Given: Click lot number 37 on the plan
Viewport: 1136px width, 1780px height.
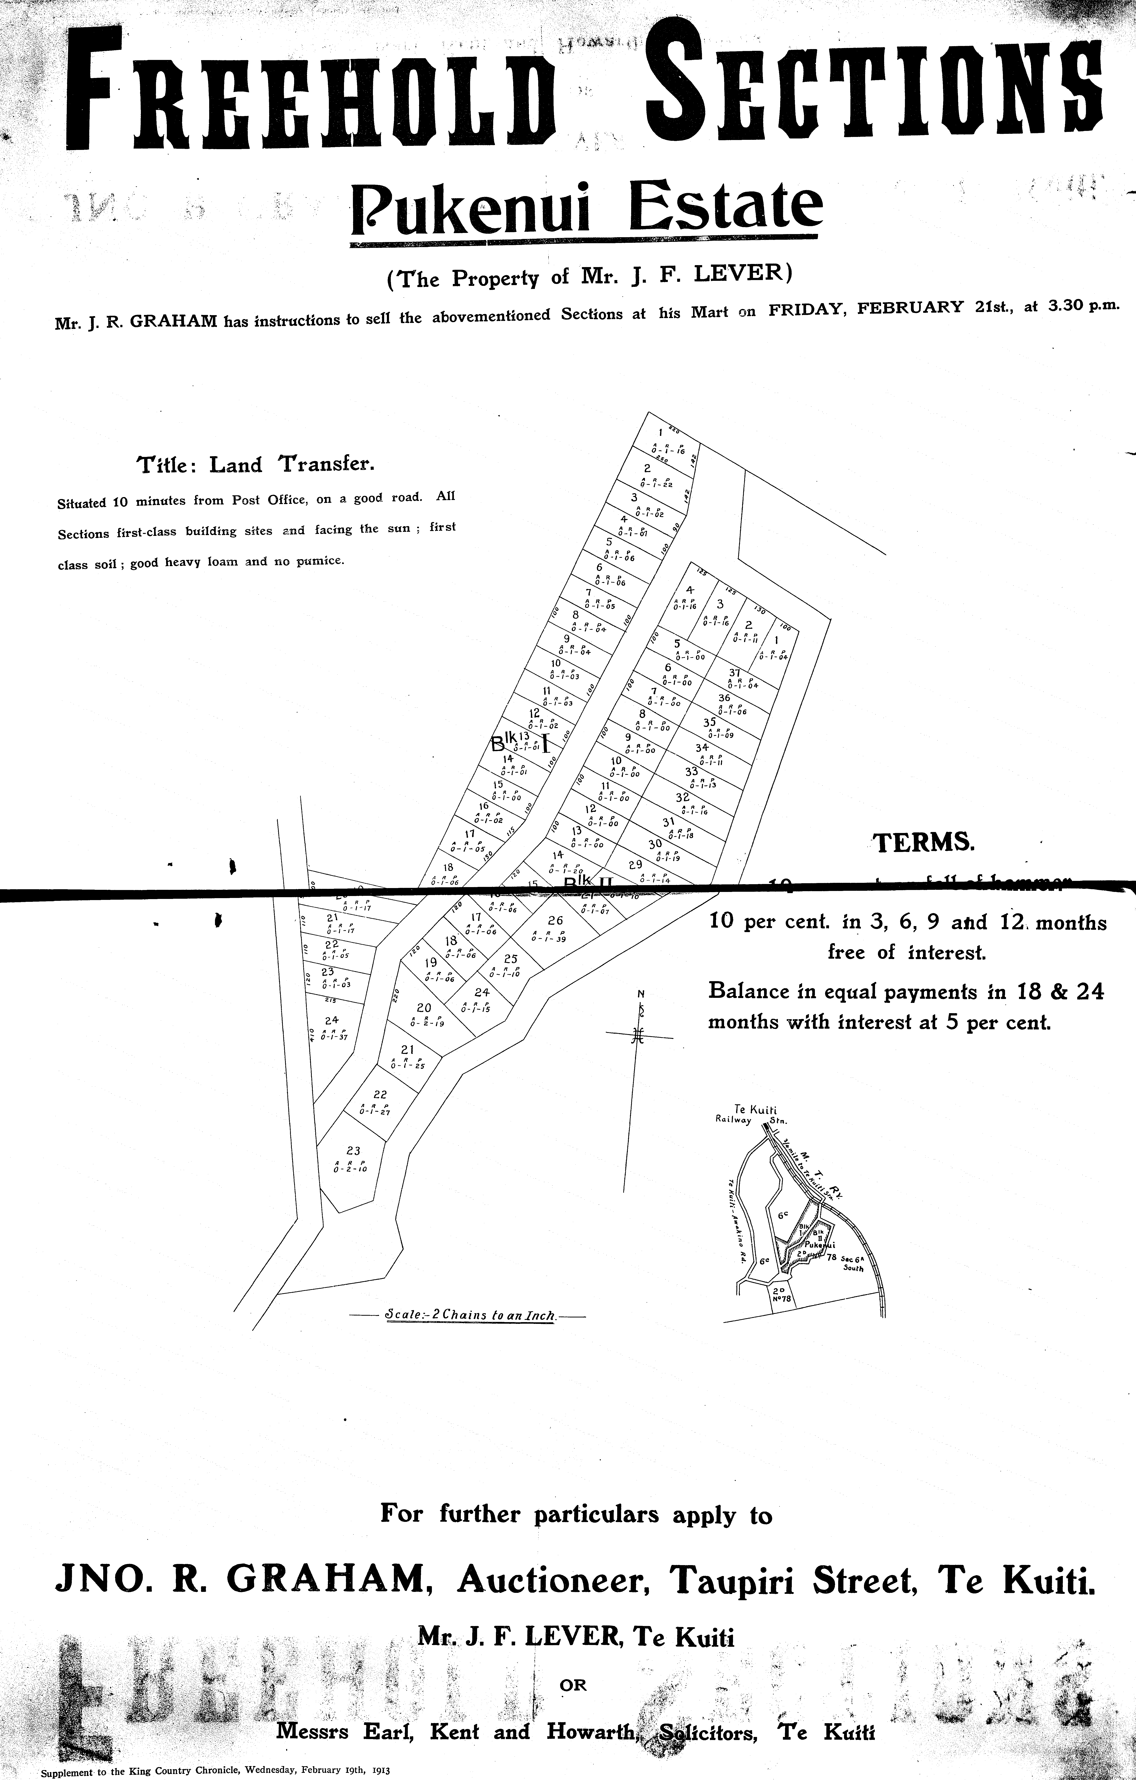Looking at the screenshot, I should [734, 673].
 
